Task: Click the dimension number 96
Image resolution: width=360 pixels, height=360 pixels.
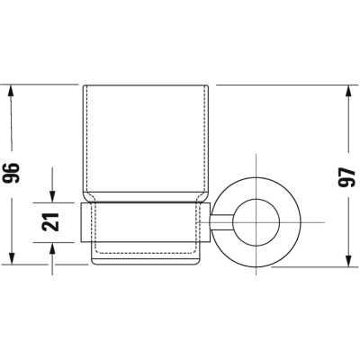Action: click(11, 173)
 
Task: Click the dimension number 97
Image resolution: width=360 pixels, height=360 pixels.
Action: click(346, 177)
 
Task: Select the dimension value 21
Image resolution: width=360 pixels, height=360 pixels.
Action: click(50, 222)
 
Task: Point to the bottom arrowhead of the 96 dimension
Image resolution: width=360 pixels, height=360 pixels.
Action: click(12, 258)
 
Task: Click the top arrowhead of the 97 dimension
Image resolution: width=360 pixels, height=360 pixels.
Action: click(348, 91)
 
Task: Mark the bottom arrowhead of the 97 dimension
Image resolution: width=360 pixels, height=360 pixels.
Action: click(348, 261)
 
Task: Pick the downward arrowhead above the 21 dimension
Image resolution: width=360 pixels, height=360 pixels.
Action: click(52, 197)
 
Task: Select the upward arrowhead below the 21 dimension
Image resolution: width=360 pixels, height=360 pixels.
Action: click(52, 248)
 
